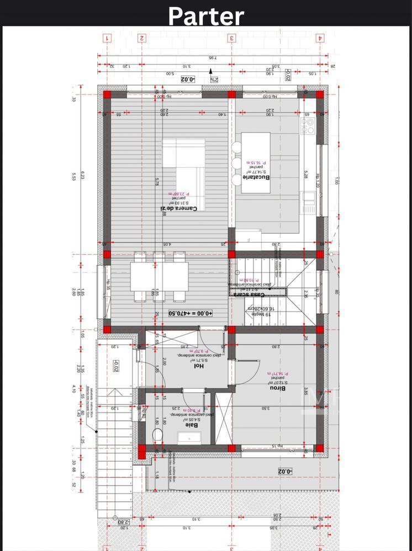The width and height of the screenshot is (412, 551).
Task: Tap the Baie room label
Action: [192, 425]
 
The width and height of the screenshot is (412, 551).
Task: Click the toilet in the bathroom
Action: [158, 435]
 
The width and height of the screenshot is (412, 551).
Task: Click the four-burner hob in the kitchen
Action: [307, 126]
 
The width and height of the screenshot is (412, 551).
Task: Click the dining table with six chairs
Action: [159, 276]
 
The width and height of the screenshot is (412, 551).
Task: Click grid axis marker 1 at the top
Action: [107, 38]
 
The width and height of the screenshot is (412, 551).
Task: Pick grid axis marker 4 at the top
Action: [319, 38]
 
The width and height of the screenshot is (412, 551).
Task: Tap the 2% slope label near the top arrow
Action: [213, 79]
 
